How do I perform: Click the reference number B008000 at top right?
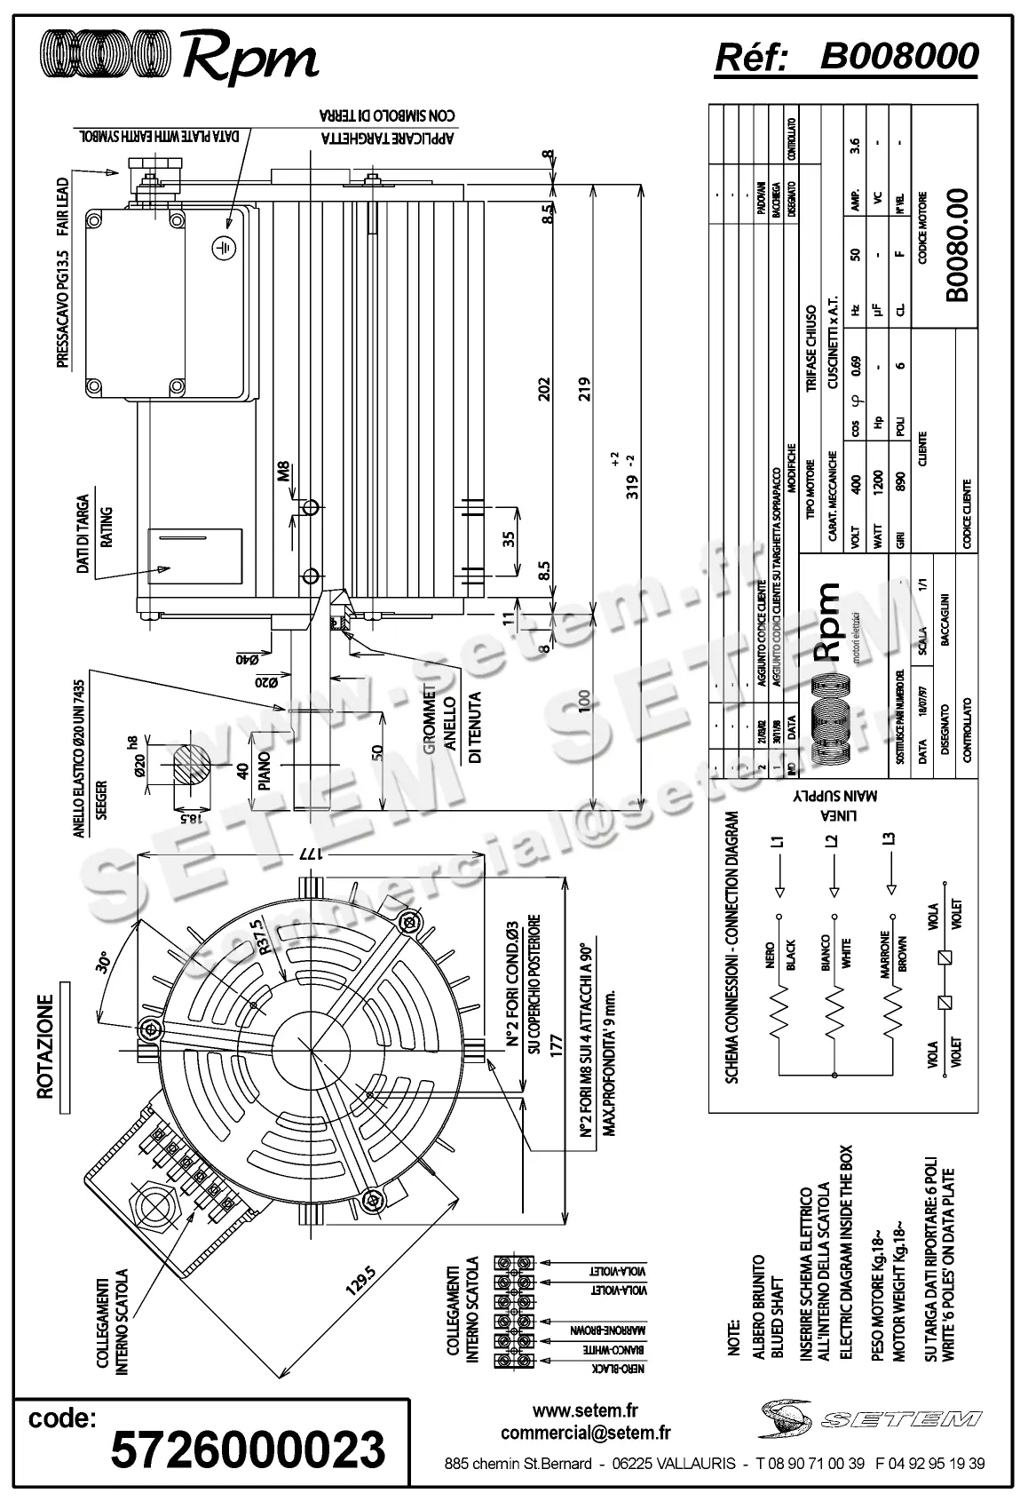(x=898, y=57)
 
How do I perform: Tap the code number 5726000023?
(x=248, y=1449)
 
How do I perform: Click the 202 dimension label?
(x=546, y=389)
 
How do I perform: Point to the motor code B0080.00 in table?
(x=955, y=244)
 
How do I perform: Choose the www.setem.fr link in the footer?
(x=585, y=1410)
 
